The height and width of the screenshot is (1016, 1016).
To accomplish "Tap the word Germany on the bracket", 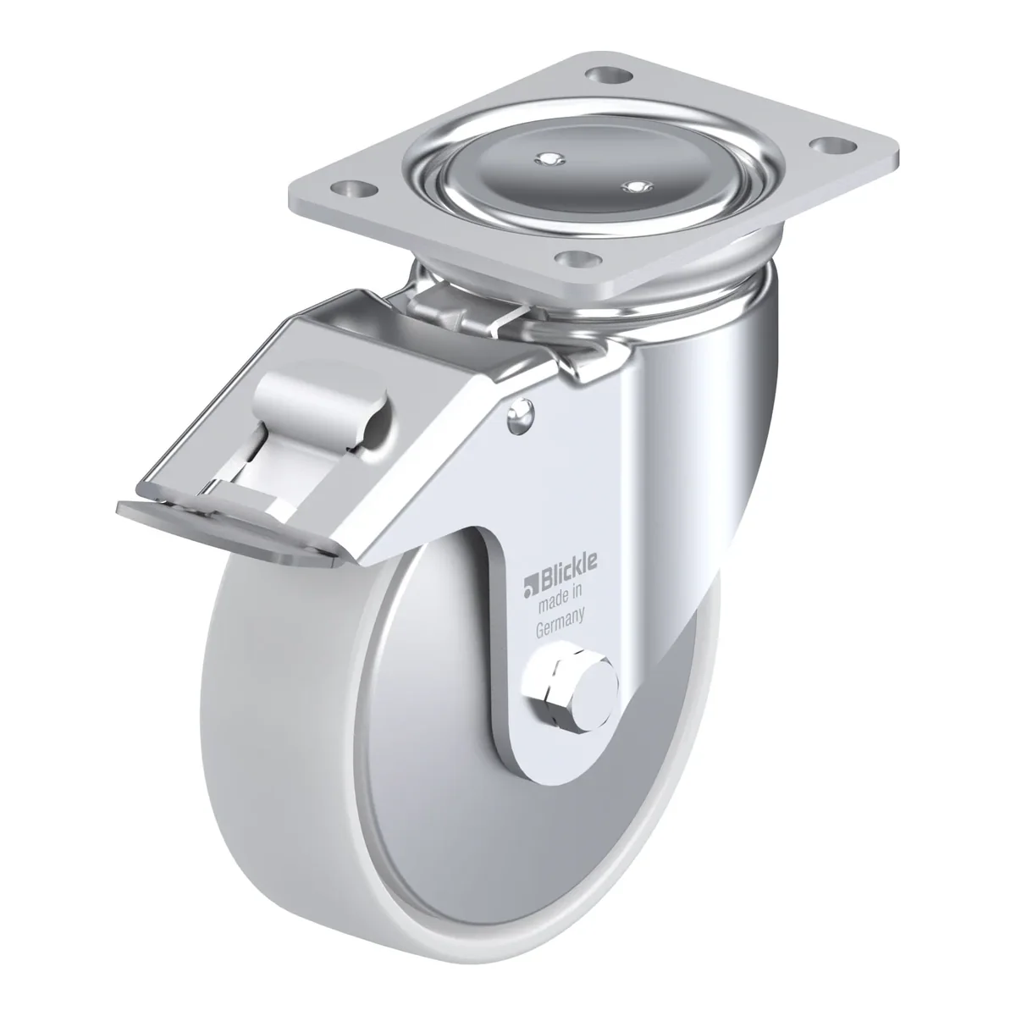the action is tap(560, 623).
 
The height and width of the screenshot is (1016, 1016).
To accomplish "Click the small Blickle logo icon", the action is tap(529, 586).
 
